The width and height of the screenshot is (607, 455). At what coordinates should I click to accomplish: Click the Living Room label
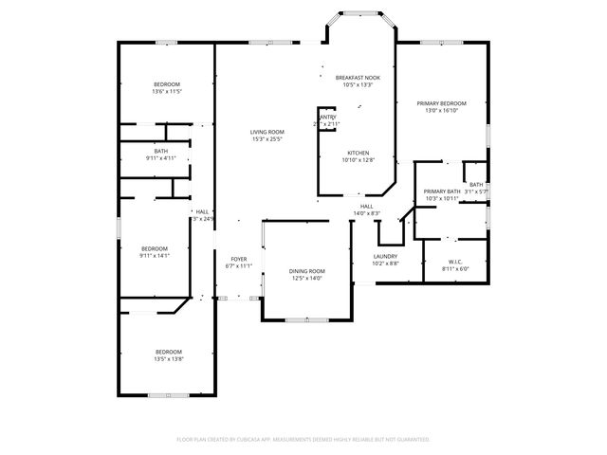(267, 132)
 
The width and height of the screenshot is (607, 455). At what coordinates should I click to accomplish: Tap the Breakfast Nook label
(358, 78)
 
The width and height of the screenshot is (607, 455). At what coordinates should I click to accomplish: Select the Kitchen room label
(358, 153)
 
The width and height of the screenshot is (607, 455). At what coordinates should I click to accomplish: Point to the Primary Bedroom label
(441, 102)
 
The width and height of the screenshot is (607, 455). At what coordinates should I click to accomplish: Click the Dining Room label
(306, 271)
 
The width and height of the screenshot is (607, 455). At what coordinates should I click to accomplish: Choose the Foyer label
(238, 259)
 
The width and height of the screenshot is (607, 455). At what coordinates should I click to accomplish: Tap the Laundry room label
(385, 256)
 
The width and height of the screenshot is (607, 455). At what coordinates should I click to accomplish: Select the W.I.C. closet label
(455, 262)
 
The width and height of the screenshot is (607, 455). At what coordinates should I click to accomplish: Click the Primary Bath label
(441, 191)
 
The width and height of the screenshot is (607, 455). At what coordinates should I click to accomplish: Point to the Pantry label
(328, 117)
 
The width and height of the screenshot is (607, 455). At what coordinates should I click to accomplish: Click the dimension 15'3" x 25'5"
(267, 139)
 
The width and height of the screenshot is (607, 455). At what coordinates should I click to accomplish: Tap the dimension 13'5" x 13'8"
(169, 359)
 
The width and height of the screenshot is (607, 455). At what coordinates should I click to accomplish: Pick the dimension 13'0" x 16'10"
(441, 110)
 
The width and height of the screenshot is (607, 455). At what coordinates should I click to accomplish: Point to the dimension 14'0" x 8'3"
(366, 213)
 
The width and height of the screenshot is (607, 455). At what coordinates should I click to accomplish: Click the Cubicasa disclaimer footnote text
(303, 439)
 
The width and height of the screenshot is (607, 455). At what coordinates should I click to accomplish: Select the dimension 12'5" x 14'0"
(306, 279)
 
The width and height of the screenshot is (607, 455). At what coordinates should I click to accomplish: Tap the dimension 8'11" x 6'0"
(455, 269)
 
